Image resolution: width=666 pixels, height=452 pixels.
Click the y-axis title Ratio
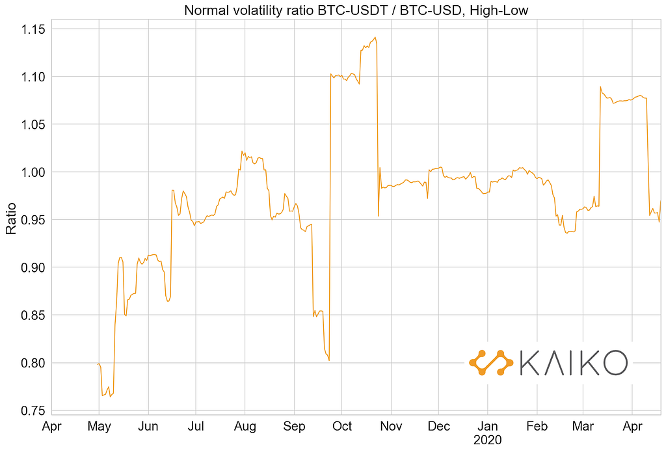pos(11,220)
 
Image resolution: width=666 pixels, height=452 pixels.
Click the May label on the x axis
pos(99,427)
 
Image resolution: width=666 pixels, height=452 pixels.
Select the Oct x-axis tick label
pos(342,427)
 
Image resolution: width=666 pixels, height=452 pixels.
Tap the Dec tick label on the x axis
pos(439,427)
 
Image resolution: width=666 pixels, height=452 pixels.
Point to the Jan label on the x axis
pos(488,427)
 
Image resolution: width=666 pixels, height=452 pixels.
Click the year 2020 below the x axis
pos(488,440)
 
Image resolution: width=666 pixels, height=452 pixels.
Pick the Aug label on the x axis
pos(245,427)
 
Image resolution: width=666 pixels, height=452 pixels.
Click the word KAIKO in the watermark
pos(574,363)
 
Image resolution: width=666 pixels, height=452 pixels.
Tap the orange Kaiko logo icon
pos(491,363)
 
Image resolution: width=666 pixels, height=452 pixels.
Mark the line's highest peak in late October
pos(375,38)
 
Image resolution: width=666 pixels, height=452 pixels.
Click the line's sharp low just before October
pos(329,360)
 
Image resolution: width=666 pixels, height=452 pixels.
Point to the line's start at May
pos(98,364)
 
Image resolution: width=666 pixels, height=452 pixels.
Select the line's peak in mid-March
pos(600,86)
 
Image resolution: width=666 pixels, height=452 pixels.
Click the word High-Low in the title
pos(501,10)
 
